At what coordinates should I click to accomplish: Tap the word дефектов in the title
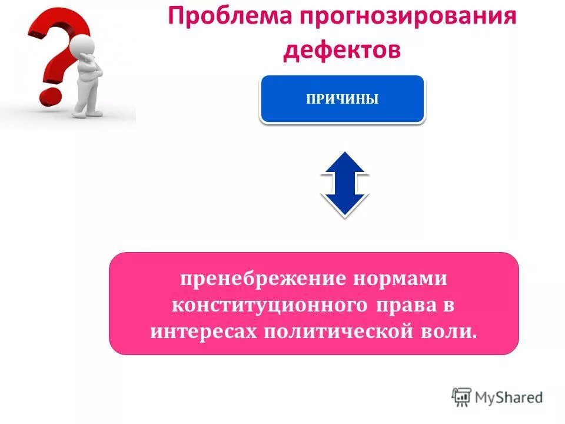[x=341, y=49]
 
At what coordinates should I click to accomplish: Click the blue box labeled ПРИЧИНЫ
[x=342, y=99]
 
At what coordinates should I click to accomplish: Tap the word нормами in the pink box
[x=400, y=279]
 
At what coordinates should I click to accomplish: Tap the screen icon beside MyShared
[x=461, y=397]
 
